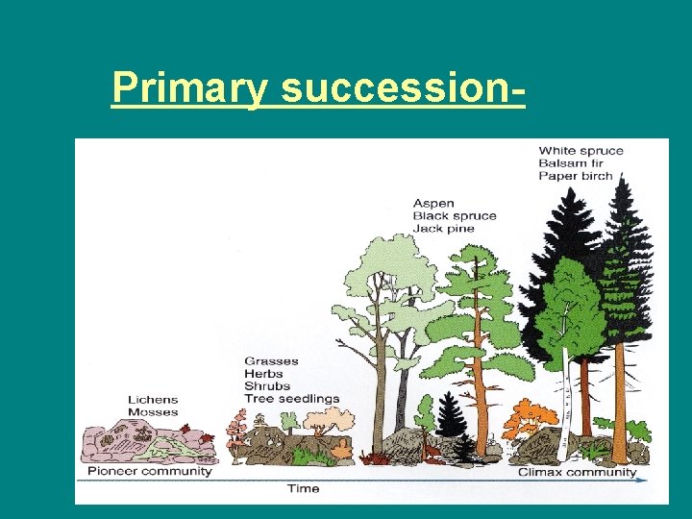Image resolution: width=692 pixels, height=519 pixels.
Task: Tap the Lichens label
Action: click(153, 400)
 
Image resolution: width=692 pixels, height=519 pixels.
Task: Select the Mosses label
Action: click(153, 412)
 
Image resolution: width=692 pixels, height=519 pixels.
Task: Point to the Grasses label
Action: click(271, 361)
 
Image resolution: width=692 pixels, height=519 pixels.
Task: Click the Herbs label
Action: click(263, 374)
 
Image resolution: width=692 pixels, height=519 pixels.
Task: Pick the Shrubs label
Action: click(266, 385)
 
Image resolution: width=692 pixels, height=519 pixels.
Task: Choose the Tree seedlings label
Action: click(291, 398)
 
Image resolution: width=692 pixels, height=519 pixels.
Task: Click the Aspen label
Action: click(433, 204)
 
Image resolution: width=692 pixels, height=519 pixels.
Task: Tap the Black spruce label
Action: click(454, 216)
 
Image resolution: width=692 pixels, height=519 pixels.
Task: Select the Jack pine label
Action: click(443, 229)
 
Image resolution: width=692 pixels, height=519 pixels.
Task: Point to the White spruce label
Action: click(581, 151)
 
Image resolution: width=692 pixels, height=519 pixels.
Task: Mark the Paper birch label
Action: click(576, 176)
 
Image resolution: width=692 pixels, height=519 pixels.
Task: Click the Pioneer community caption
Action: click(149, 472)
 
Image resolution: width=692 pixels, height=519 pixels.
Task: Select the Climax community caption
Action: click(577, 472)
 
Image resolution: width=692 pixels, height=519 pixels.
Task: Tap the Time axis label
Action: click(303, 488)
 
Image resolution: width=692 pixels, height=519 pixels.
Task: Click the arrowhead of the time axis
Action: click(643, 479)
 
